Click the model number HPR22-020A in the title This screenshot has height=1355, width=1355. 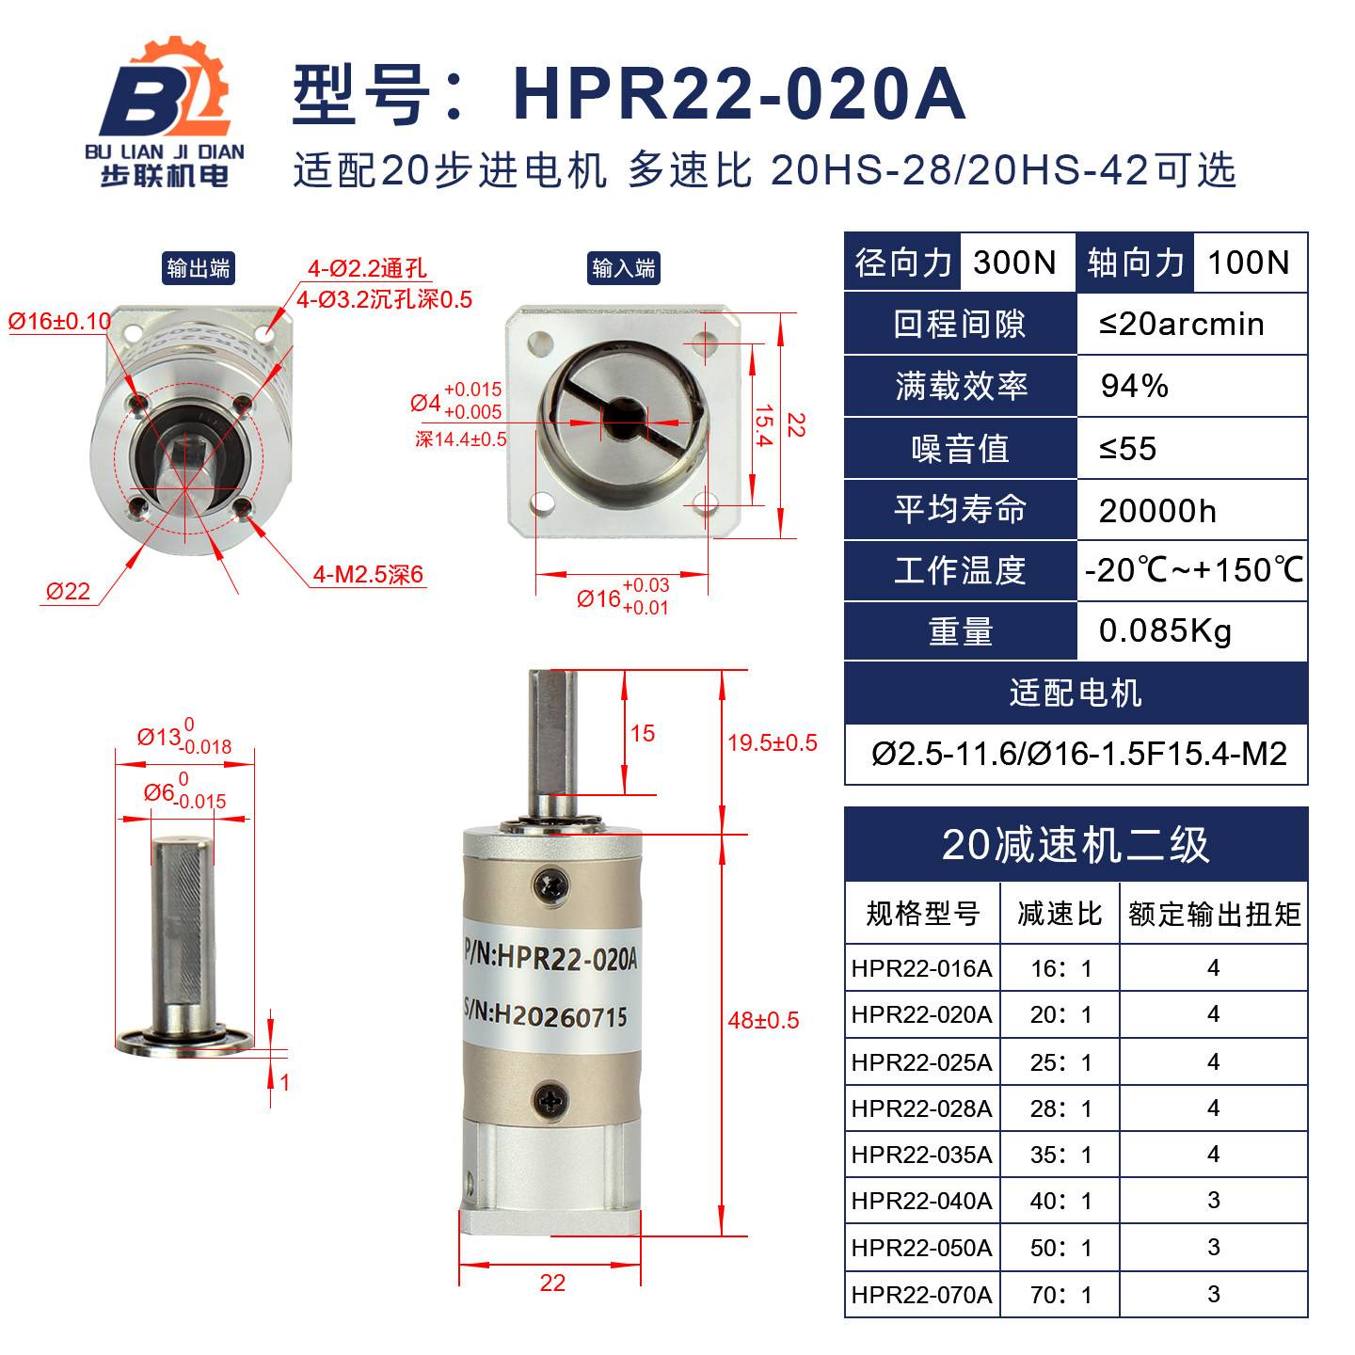pyautogui.click(x=739, y=94)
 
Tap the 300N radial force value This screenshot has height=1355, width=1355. pyautogui.click(x=1014, y=263)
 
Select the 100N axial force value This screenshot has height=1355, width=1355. pyautogui.click(x=1248, y=263)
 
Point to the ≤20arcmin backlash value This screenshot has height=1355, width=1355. pyautogui.click(x=1181, y=324)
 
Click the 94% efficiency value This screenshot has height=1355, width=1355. pyautogui.click(x=1134, y=386)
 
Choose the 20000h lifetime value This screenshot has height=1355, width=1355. pyautogui.click(x=1157, y=511)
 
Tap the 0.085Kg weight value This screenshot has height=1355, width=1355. pyautogui.click(x=1165, y=630)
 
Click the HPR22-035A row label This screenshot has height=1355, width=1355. pyautogui.click(x=921, y=1155)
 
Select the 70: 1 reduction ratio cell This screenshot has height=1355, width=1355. pyautogui.click(x=1060, y=1295)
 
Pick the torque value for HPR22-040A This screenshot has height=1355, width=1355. pyautogui.click(x=1214, y=1201)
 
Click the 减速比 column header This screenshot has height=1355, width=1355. pyautogui.click(x=1060, y=914)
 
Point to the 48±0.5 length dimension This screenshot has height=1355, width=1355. pyautogui.click(x=763, y=1020)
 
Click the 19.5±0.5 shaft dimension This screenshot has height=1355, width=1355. pyautogui.click(x=773, y=742)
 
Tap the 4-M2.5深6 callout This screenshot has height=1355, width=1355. pyautogui.click(x=368, y=575)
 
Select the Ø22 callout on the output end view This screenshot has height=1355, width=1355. pyautogui.click(x=68, y=591)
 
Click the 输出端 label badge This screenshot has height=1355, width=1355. pyautogui.click(x=199, y=268)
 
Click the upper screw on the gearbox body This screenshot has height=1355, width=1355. pyautogui.click(x=550, y=885)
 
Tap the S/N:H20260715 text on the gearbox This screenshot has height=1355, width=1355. pyautogui.click(x=546, y=1014)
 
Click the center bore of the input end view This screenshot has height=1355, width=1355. pyautogui.click(x=622, y=419)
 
